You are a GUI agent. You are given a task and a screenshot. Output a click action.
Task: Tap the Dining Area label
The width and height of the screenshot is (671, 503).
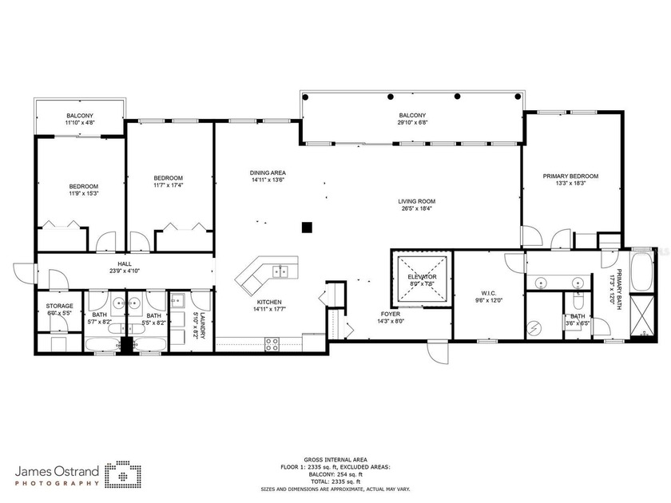tap(268, 173)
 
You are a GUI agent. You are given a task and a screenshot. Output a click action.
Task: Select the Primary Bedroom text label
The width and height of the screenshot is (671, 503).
tap(570, 176)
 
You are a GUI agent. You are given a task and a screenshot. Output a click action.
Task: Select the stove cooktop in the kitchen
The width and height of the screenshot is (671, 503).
tap(272, 344)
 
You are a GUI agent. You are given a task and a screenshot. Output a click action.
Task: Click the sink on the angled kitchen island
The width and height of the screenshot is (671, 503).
tap(280, 269)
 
